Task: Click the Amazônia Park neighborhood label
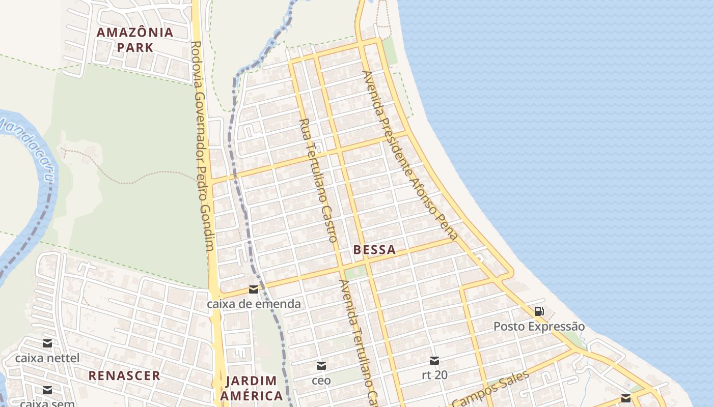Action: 135,40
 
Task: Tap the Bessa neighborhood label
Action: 374,250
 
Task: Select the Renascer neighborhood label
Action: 124,376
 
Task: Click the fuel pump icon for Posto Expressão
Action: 539,311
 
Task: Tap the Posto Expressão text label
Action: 539,327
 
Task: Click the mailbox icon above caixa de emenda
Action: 253,290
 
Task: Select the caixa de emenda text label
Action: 253,304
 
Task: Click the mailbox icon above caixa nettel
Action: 47,343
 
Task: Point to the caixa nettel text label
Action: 47,358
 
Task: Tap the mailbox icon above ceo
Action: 321,366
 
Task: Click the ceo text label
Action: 321,381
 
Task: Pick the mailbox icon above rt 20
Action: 434,361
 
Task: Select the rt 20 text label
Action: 434,375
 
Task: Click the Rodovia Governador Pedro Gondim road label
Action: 202,145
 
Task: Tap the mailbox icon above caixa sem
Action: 47,390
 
